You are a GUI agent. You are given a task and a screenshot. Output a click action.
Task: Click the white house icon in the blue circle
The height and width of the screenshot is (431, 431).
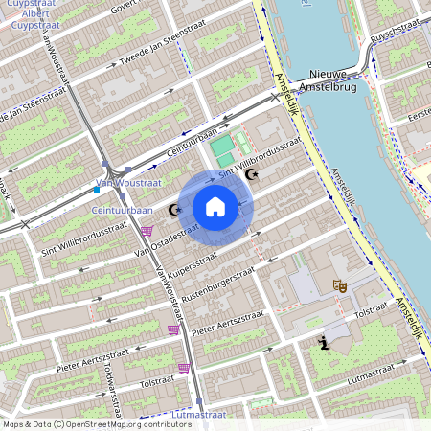coord(215,206)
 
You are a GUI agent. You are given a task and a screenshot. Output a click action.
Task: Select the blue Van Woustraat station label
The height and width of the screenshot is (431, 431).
coord(125,183)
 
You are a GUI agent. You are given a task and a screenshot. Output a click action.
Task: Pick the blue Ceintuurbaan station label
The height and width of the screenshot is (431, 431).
coord(122,210)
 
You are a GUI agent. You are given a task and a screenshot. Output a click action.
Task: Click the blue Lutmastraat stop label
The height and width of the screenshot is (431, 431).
coord(198,416)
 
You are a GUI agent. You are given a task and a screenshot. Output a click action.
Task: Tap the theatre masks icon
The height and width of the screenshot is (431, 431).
coord(338,285)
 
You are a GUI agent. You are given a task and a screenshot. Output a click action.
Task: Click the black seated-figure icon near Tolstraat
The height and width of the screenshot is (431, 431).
coord(327,342)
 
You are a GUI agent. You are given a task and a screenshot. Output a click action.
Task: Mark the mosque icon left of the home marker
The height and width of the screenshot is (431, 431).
coord(175,210)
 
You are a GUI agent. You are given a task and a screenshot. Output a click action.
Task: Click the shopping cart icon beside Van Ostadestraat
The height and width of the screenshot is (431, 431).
coord(147,230)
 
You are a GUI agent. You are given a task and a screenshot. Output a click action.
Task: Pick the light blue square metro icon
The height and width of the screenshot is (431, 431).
coord(96,189)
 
